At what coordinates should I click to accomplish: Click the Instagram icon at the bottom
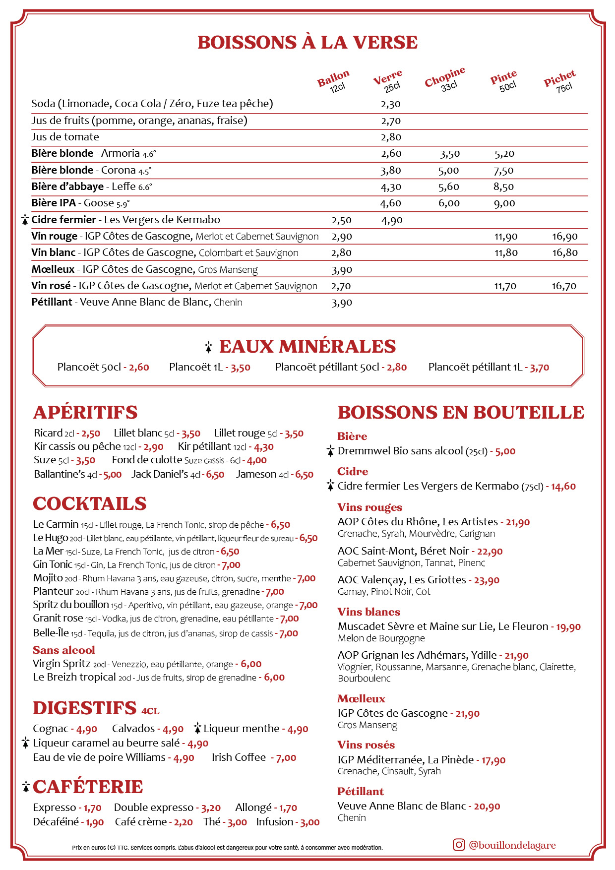click(459, 845)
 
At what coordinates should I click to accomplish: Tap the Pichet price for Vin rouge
click(565, 237)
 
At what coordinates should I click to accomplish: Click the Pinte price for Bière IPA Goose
click(504, 203)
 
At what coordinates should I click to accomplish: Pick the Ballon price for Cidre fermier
click(342, 220)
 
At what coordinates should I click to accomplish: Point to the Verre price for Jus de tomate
click(391, 137)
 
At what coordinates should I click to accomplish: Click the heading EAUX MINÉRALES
click(307, 346)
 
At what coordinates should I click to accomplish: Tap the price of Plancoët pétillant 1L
click(539, 368)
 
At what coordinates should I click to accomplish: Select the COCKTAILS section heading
click(90, 503)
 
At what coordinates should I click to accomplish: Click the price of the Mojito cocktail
click(306, 578)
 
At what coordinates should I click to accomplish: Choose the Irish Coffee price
click(286, 758)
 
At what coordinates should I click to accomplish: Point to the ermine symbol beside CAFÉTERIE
click(26, 787)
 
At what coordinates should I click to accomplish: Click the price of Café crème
click(183, 822)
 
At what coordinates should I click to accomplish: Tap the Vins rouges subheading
click(369, 507)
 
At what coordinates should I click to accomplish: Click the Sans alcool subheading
click(63, 650)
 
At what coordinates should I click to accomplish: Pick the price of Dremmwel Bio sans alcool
click(505, 451)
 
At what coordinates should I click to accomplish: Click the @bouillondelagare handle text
click(512, 845)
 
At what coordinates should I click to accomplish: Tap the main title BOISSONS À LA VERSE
click(307, 43)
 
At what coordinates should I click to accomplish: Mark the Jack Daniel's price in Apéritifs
click(215, 475)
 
